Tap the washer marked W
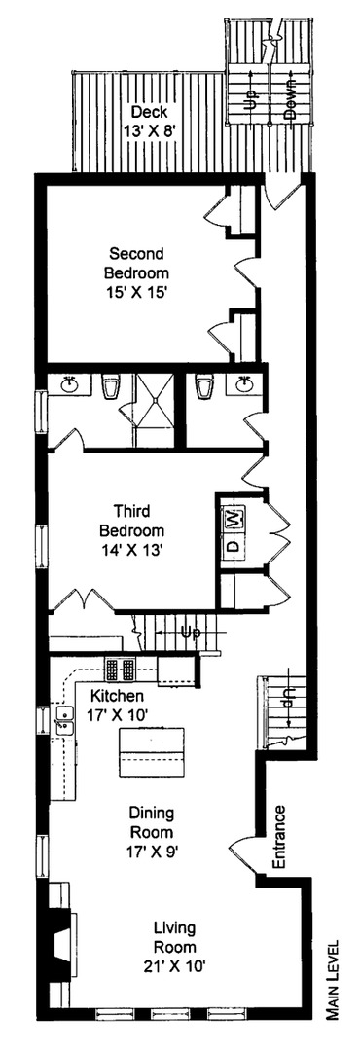coord(234,519)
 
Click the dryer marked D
coord(234,546)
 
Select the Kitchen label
coord(118,697)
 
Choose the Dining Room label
coord(151,825)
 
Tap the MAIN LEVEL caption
coord(333,992)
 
